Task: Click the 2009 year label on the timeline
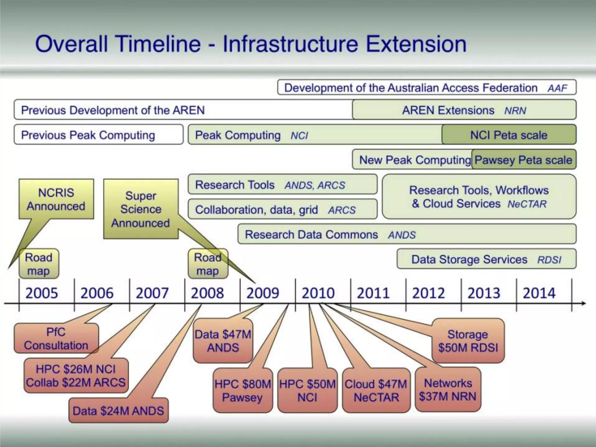pos(263,293)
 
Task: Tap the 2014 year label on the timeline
pos(539,293)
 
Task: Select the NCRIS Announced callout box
pos(56,199)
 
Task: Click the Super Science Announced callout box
pos(141,209)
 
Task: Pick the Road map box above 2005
pos(39,264)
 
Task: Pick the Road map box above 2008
pos(207,264)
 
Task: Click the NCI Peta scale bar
pos(509,135)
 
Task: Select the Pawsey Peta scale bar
pos(523,159)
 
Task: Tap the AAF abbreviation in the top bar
pos(557,88)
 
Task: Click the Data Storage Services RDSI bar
pos(486,259)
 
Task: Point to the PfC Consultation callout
pos(56,338)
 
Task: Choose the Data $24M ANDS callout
pos(118,411)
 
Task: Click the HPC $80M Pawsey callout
pos(243,391)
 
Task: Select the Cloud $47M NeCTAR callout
pos(376,391)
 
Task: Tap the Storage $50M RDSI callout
pos(468,341)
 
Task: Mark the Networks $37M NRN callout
pos(448,390)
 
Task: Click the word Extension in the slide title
pos(416,44)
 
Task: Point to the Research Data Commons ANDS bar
pos(407,234)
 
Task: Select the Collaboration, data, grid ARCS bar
pos(282,209)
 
